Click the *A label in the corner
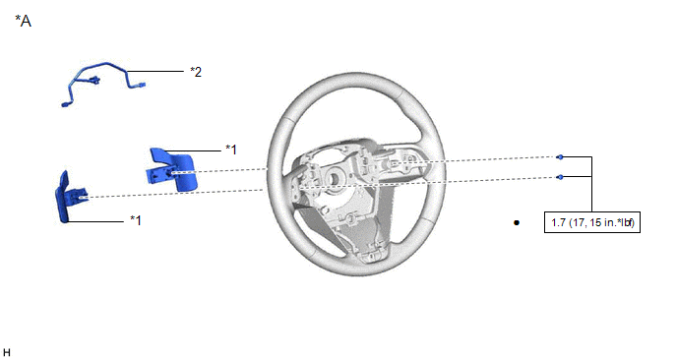(x=24, y=21)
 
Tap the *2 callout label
(x=196, y=72)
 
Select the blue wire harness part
(x=103, y=83)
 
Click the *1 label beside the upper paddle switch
(x=231, y=150)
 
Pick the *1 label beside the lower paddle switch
(x=136, y=220)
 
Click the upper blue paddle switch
(x=171, y=169)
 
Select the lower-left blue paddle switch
(x=70, y=198)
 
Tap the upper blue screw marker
(x=560, y=157)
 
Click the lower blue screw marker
(x=560, y=177)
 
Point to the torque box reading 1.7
(x=592, y=222)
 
